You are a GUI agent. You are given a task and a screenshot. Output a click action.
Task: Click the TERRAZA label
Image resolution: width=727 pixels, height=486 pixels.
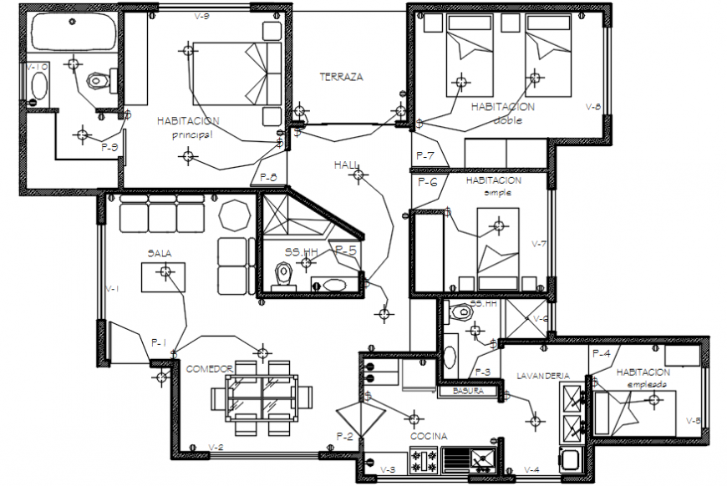[x=341, y=77]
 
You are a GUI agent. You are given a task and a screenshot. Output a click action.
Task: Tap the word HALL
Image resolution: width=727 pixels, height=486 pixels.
[x=344, y=165]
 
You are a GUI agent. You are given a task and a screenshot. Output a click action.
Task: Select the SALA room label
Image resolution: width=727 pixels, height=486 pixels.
[x=160, y=253]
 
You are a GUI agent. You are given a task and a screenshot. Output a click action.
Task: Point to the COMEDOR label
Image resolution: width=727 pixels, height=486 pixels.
[x=209, y=368]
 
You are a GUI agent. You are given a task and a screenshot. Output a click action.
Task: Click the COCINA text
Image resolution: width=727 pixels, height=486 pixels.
[x=428, y=437]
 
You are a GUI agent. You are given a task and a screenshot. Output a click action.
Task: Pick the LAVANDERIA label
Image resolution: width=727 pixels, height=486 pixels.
[x=542, y=375]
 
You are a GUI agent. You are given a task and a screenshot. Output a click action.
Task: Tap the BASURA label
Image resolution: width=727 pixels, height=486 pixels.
[x=469, y=391]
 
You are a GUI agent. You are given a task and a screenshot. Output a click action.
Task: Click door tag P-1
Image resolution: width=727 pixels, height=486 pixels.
[x=159, y=342]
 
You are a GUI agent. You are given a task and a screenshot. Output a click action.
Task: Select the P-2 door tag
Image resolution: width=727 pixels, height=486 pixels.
[x=345, y=437]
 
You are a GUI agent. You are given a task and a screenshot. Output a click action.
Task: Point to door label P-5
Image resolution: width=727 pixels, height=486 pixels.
[x=346, y=249]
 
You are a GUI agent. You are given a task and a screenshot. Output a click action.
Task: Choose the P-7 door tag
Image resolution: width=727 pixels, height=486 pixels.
[x=425, y=156]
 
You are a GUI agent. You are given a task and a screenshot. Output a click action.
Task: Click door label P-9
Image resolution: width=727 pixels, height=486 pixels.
[x=109, y=147]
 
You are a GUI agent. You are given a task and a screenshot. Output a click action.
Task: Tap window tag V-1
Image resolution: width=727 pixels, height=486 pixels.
[x=113, y=289]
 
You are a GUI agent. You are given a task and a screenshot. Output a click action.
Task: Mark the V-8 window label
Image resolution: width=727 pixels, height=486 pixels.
[x=592, y=107]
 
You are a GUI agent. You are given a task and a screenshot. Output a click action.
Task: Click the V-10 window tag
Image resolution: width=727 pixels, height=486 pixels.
[x=36, y=67]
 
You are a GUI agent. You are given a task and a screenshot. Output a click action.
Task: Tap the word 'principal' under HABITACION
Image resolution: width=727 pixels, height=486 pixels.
[x=193, y=134]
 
